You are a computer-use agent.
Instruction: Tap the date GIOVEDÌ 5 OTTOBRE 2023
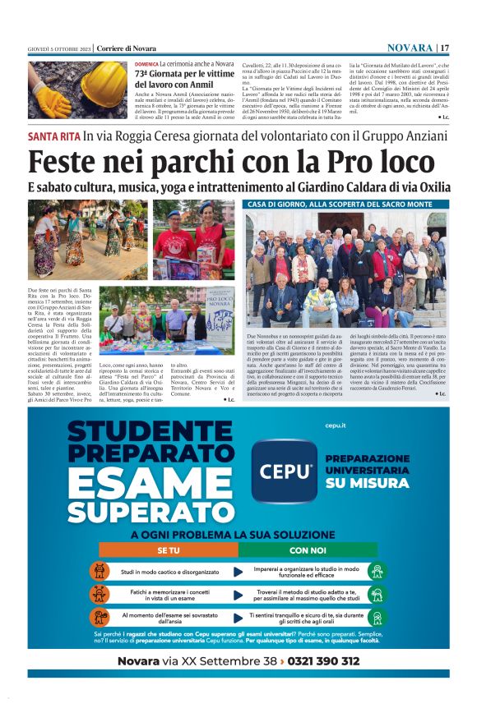click(x=58, y=48)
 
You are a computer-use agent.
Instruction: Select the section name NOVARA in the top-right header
click(x=410, y=48)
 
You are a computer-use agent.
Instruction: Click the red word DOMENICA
click(x=146, y=63)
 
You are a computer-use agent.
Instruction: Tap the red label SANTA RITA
click(x=53, y=136)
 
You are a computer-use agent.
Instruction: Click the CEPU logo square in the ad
click(x=282, y=471)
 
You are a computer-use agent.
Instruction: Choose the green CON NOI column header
click(x=308, y=550)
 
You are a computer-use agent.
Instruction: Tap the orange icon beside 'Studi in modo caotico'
click(x=100, y=571)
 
